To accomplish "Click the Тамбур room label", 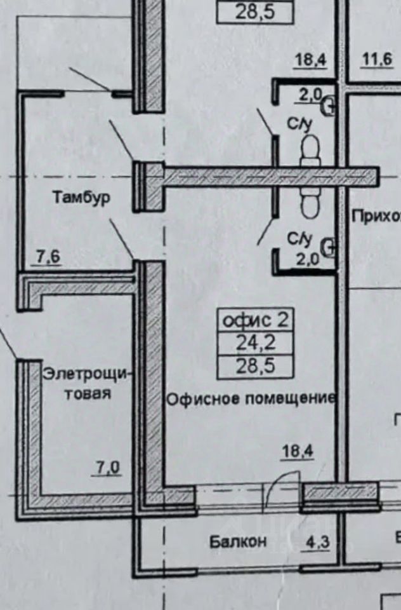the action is pyautogui.click(x=81, y=197).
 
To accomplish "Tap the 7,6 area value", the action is pyautogui.click(x=46, y=257).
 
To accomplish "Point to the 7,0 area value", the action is pyautogui.click(x=108, y=469).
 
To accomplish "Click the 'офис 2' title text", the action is pyautogui.click(x=255, y=320).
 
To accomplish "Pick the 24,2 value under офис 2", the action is pyautogui.click(x=255, y=344).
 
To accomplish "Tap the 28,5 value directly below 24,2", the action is pyautogui.click(x=255, y=367).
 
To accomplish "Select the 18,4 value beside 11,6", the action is pyautogui.click(x=310, y=61).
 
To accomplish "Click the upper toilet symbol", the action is pyautogui.click(x=311, y=151).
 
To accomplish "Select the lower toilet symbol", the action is pyautogui.click(x=311, y=205).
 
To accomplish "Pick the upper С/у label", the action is pyautogui.click(x=300, y=125).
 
